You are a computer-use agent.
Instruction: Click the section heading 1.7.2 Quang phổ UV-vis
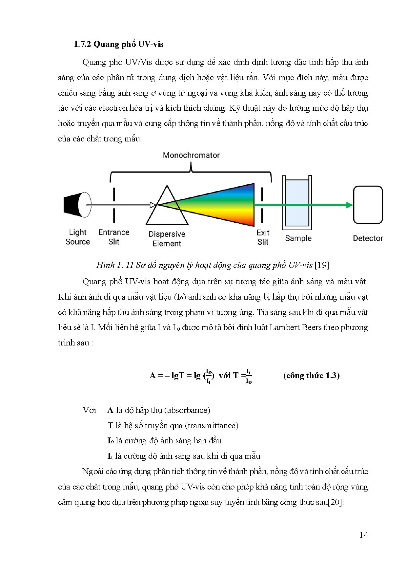[118, 44]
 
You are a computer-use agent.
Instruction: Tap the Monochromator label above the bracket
[191, 155]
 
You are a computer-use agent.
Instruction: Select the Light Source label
[78, 237]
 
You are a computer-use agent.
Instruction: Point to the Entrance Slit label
[114, 237]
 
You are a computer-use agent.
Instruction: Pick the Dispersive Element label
[167, 239]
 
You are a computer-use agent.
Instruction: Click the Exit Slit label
[263, 237]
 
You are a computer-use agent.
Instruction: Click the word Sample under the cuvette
[298, 238]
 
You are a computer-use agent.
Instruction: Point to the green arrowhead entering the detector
[349, 205]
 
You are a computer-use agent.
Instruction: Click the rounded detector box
[368, 205]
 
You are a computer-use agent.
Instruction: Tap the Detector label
[368, 238]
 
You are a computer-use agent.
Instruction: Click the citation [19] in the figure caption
[322, 265]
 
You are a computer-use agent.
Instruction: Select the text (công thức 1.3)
[311, 375]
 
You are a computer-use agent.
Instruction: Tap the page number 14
[363, 535]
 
